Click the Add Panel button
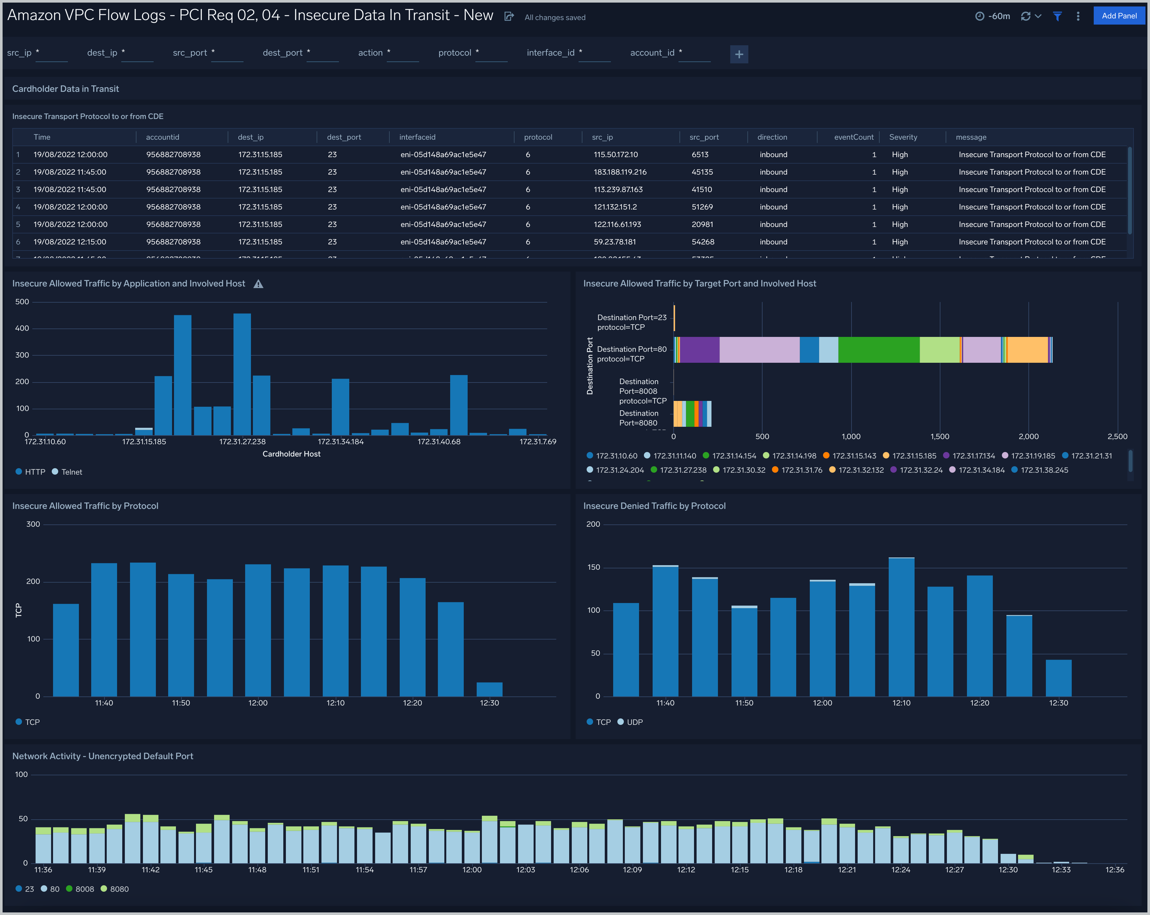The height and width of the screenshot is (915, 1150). pos(1119,16)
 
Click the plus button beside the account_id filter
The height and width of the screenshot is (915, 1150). pos(739,54)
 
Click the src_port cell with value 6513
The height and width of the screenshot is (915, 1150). pos(700,155)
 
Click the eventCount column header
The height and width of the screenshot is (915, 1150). pos(853,137)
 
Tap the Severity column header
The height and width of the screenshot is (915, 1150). pos(903,137)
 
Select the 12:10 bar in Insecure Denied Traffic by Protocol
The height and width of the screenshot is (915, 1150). pos(901,627)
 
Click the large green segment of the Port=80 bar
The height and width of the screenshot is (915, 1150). pos(878,350)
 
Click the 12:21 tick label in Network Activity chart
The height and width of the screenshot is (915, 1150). pos(847,870)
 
